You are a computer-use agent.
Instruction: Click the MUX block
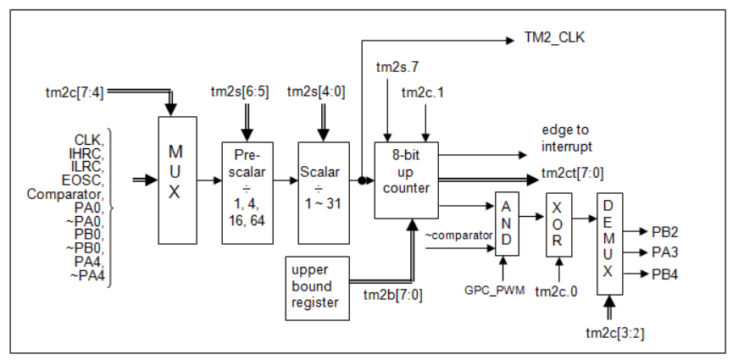pos(174,180)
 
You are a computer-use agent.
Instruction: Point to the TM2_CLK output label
pos(556,39)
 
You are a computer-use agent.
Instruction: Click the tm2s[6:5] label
pos(240,91)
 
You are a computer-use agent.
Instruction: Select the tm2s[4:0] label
pos(317,91)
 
